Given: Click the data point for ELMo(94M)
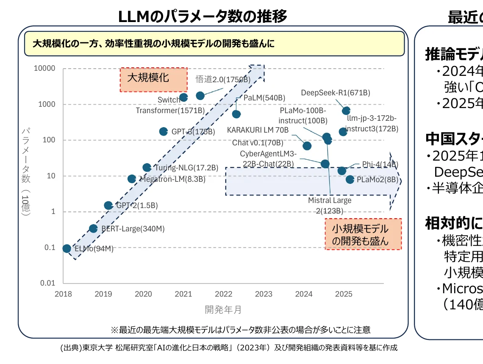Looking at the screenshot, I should (x=67, y=248).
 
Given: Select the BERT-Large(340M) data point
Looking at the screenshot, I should (x=93, y=228).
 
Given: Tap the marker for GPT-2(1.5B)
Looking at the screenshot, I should (x=108, y=206).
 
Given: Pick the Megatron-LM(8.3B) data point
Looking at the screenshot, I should (x=132, y=179).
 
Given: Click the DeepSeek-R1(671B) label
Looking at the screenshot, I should (x=336, y=92).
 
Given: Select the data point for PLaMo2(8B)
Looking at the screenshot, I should (x=350, y=179).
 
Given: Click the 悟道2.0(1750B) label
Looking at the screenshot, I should (x=223, y=79).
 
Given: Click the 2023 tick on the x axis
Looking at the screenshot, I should (x=264, y=294).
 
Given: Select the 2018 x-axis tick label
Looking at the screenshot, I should (x=63, y=294).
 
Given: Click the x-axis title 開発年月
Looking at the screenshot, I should (x=223, y=310).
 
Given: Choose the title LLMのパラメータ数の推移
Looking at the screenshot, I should (x=203, y=17).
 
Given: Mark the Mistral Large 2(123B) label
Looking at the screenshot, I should (x=330, y=206).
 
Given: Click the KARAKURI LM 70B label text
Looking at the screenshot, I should (x=258, y=130).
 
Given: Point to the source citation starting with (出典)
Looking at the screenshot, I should (x=229, y=348).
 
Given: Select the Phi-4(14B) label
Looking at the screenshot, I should (x=380, y=164).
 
